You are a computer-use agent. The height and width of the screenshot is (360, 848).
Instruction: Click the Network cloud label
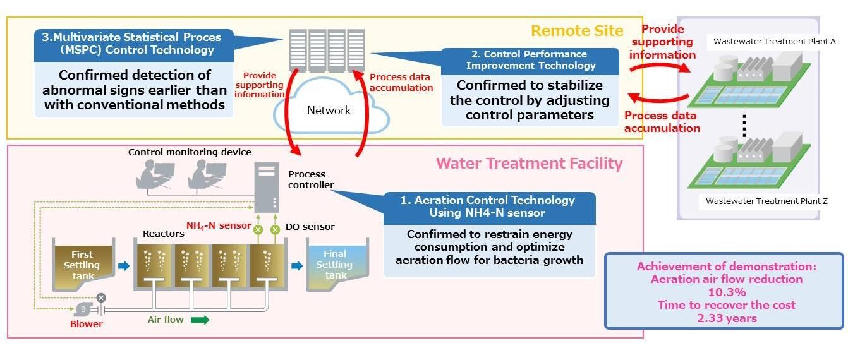(329, 111)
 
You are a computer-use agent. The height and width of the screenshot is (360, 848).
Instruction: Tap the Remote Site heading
(576, 31)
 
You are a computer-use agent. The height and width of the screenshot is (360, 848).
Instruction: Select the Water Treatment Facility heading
(529, 164)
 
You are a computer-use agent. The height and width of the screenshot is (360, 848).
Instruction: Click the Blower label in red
(87, 324)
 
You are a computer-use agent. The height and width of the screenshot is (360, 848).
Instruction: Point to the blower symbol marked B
(83, 309)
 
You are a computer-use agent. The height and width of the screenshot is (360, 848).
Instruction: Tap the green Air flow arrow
(200, 320)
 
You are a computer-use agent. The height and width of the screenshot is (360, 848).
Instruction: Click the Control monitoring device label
(190, 152)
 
